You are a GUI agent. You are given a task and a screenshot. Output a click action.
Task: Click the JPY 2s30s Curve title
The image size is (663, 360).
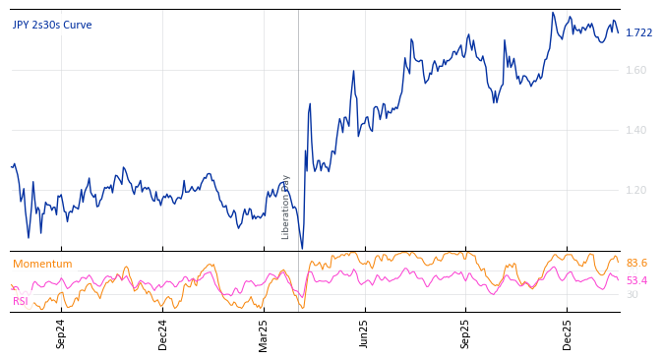point(52,26)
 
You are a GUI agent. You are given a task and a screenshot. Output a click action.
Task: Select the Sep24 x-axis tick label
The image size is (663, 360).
point(61,333)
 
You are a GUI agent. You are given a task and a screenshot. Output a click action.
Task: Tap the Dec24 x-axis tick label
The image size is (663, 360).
point(163,333)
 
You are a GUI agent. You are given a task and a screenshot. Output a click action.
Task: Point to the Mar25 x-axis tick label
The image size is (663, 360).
point(264,333)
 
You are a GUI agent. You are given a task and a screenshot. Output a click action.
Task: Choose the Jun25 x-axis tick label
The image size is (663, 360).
point(364,333)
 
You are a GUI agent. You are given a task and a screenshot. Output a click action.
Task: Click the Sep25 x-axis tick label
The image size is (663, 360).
point(465,333)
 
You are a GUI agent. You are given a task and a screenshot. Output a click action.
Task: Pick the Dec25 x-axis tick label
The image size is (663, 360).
point(567,333)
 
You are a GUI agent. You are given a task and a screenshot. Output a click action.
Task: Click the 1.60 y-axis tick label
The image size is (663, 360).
point(636,70)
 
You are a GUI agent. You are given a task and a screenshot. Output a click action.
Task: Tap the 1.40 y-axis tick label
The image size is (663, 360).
point(636,130)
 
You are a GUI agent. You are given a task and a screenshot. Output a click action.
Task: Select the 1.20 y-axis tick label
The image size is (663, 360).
point(636,190)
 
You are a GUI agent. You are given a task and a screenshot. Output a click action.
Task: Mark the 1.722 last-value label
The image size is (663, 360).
point(638,33)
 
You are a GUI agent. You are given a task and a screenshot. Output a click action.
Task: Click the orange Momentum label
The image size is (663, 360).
point(42,265)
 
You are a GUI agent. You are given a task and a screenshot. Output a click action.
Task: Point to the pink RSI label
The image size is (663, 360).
point(20,301)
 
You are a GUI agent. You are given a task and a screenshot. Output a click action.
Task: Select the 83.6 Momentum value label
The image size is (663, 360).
point(636,264)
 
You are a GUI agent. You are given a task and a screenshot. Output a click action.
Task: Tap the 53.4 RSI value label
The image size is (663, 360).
point(636,281)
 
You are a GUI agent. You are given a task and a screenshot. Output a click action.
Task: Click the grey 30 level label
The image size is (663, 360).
point(632,295)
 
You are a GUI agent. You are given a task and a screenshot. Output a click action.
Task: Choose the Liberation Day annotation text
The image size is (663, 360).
point(286,207)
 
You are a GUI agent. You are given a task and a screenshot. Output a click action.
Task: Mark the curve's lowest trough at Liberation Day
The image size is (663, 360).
point(302,248)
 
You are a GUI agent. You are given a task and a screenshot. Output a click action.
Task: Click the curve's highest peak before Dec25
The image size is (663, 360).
point(553,14)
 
